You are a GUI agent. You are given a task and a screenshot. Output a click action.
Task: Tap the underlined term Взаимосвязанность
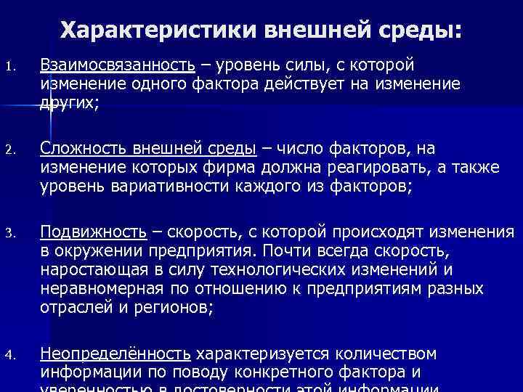pyautogui.click(x=117, y=65)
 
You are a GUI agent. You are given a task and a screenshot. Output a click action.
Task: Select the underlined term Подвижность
pyautogui.click(x=93, y=232)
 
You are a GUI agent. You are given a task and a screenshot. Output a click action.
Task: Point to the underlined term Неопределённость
pyautogui.click(x=115, y=354)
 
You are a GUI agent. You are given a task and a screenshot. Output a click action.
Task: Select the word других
pyautogui.click(x=69, y=102)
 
